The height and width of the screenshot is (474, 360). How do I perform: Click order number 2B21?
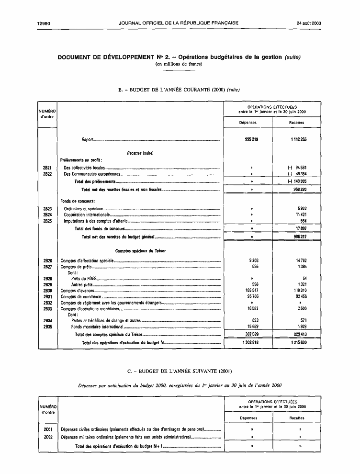pyautogui.click(x=47, y=168)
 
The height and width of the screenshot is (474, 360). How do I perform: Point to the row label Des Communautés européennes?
pyautogui.click(x=91, y=174)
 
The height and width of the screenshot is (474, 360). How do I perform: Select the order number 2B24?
pyautogui.click(x=47, y=215)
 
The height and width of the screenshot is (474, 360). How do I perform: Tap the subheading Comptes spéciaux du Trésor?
pyautogui.click(x=140, y=251)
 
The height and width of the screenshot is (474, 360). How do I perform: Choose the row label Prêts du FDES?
pyautogui.click(x=82, y=278)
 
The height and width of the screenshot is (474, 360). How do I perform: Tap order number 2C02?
pyautogui.click(x=47, y=437)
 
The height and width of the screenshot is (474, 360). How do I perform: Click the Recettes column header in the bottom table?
pyautogui.click(x=297, y=418)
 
